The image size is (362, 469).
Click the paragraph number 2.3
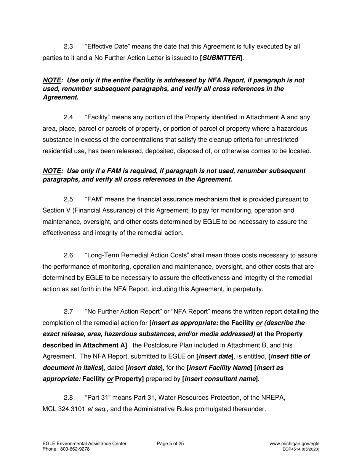tap(68, 47)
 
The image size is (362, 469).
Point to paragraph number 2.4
tap(68, 118)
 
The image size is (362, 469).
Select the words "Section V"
tap(56, 210)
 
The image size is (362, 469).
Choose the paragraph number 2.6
tap(68, 255)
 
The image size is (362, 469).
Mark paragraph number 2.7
tap(68, 312)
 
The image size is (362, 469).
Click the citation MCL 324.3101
tap(63, 409)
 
